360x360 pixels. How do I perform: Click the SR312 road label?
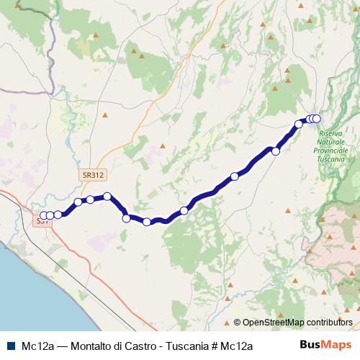[x=93, y=175]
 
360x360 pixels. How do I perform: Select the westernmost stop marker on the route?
[x=43, y=215]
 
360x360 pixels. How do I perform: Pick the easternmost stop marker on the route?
[x=315, y=119]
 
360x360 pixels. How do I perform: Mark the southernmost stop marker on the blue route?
[x=147, y=222]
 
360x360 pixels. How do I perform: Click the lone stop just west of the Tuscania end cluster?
[x=299, y=125]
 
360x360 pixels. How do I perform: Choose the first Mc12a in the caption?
[x=38, y=346]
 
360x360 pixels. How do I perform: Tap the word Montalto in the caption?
[x=92, y=346]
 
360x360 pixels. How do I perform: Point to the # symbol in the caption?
[x=216, y=346]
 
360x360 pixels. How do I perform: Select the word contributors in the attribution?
[x=330, y=322]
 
